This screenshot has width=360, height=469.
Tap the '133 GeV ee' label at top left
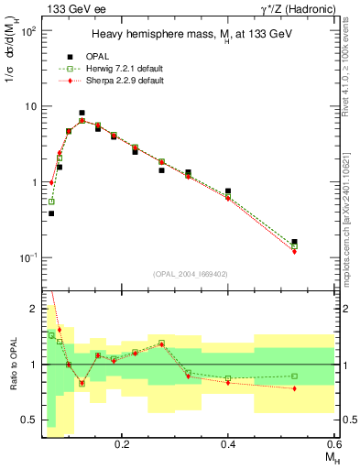coord(71,9)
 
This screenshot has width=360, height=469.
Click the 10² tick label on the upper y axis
coord(29,31)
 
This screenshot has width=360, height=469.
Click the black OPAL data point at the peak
coord(82,113)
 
